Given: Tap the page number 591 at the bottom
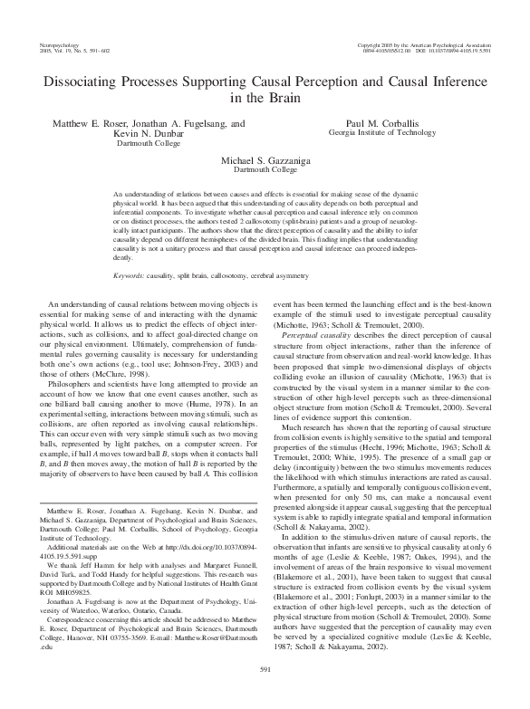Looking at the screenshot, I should (265, 693).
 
